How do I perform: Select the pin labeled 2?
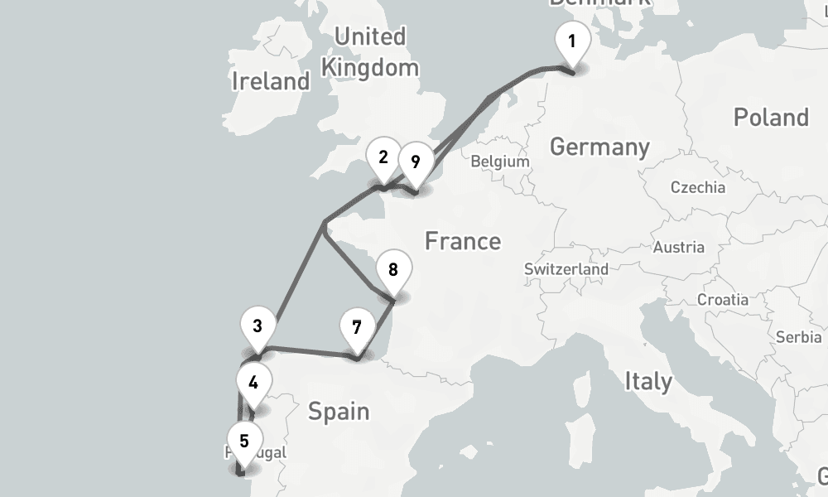383,158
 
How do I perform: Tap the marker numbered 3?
258,326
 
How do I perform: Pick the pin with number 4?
253,384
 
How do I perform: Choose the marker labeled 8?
392,270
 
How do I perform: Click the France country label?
463,241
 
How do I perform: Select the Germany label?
599,147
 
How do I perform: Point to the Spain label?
338,411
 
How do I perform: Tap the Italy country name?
648,382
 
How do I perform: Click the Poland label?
770,118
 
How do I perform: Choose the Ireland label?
271,81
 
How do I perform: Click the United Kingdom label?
370,51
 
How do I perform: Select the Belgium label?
499,162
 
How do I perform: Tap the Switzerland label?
566,269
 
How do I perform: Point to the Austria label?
678,247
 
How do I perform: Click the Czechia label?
697,187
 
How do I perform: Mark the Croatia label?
722,299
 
